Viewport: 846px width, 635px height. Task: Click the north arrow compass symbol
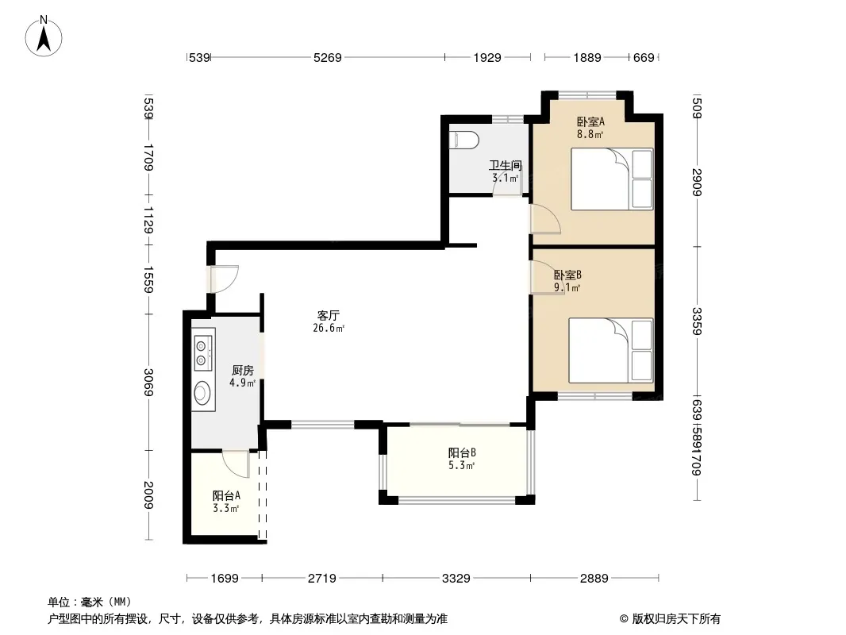pos(44,37)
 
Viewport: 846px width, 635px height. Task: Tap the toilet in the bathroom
pos(464,140)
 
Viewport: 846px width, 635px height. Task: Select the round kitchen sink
pos(202,392)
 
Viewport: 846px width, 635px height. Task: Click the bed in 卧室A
pos(612,179)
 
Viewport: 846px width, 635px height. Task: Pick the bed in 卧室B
pos(611,351)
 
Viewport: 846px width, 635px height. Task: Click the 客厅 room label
pos(328,315)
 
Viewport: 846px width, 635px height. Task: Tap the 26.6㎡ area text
pos(329,328)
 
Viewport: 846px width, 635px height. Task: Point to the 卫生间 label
pos(505,165)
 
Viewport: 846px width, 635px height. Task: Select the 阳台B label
pos(462,452)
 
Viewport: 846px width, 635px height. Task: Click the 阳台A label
pos(226,495)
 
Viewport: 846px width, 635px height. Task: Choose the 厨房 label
pos(242,370)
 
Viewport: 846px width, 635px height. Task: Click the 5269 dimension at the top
pos(328,57)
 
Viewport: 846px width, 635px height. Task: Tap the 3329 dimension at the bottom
pos(456,579)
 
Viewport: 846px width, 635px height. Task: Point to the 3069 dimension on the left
pos(148,382)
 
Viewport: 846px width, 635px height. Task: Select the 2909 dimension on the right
pos(697,183)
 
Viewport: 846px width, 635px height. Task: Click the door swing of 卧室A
pos(545,219)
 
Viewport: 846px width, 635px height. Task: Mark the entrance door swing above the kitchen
pos(224,279)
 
